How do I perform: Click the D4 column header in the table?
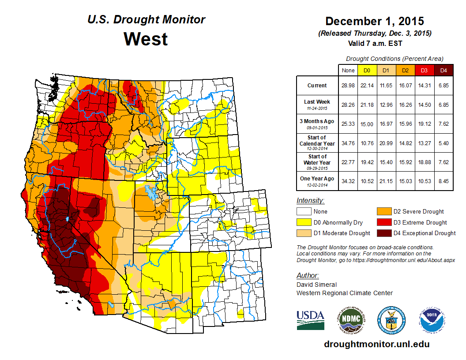(x=443, y=70)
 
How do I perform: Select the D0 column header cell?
(x=367, y=70)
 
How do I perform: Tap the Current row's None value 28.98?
(x=348, y=86)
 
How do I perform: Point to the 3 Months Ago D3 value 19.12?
(x=424, y=124)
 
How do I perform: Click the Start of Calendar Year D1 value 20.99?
(x=386, y=143)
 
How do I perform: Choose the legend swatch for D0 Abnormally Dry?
(x=303, y=222)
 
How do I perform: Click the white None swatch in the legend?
(x=303, y=212)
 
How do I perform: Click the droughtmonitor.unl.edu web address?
(x=376, y=344)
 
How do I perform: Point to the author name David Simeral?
(x=316, y=285)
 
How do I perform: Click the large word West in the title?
(x=146, y=39)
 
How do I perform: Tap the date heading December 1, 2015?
(x=374, y=21)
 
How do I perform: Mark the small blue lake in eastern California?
(x=67, y=219)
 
